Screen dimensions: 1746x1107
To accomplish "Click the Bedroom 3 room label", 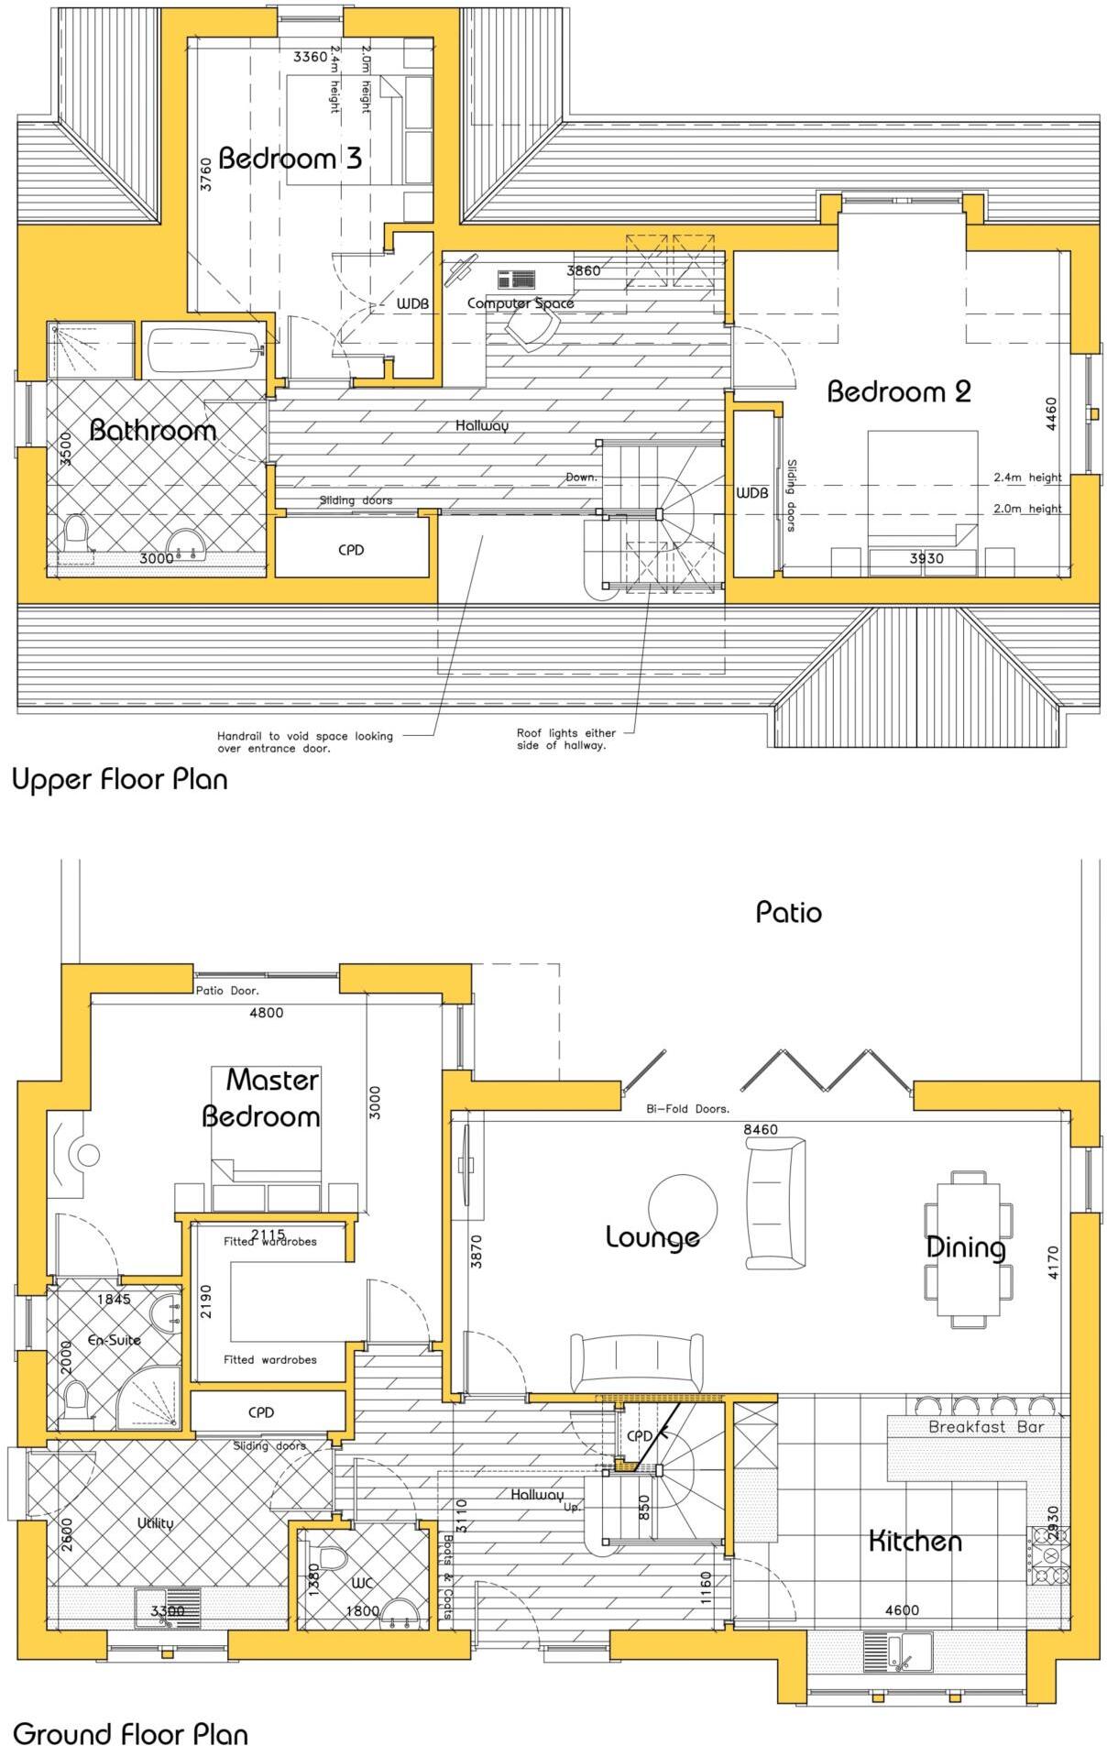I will [290, 159].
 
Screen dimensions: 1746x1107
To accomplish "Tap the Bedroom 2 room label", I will [898, 392].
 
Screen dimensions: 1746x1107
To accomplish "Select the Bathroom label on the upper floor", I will [153, 430].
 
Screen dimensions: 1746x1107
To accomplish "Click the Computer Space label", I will [521, 303].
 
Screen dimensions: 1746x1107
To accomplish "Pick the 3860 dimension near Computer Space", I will [584, 271].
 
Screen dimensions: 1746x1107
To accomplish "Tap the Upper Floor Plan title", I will [119, 780].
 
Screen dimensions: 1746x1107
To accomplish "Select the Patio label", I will [788, 912].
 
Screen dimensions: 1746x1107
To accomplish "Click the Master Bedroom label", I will [263, 1098].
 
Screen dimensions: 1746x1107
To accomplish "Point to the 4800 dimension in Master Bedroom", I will [266, 1013].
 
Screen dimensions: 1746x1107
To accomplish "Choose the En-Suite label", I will [114, 1340].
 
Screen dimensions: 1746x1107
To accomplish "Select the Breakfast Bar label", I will [985, 1427].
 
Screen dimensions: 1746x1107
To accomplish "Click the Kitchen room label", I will [915, 1542].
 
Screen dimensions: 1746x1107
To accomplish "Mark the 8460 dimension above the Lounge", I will [760, 1129].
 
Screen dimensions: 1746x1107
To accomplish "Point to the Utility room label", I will [155, 1523].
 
